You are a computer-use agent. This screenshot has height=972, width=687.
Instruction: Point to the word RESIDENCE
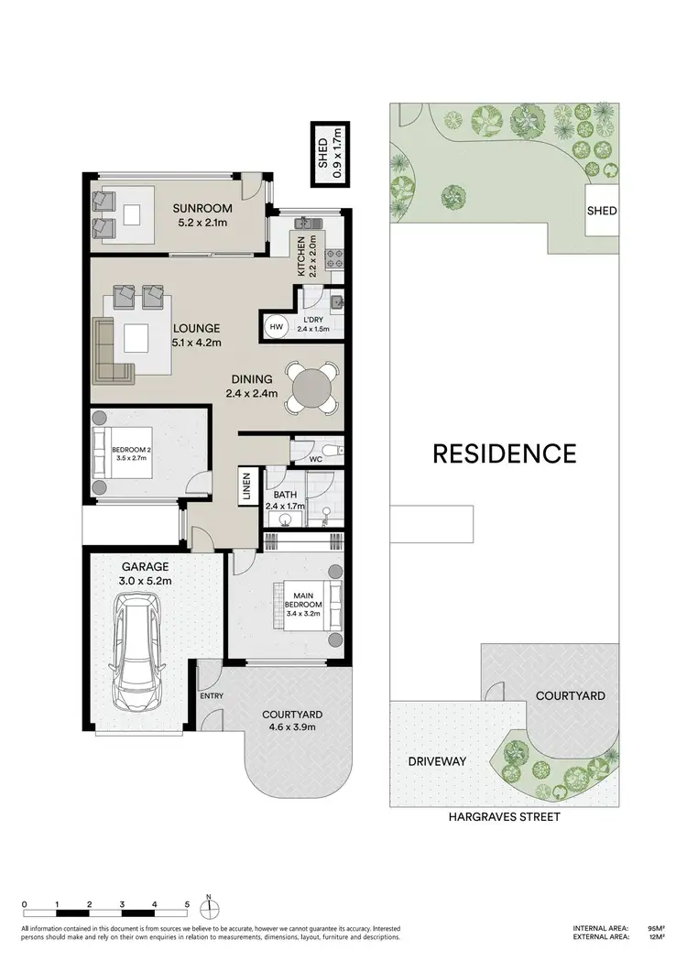click(x=504, y=453)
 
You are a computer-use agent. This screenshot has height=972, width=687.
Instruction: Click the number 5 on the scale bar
click(x=187, y=903)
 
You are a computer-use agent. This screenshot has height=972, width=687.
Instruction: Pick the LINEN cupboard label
click(x=246, y=486)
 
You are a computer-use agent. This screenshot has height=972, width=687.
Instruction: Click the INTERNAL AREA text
click(x=601, y=928)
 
